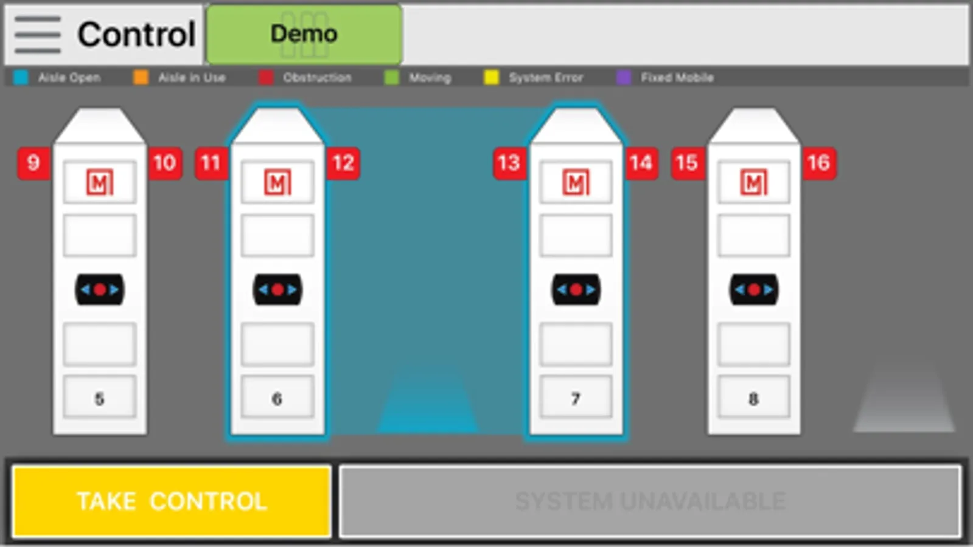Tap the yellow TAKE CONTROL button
tap(172, 501)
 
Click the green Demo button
tap(304, 34)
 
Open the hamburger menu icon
tap(37, 35)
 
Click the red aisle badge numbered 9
tap(33, 163)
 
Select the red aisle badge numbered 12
tap(343, 163)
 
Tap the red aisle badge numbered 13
tap(509, 163)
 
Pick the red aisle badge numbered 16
tap(820, 163)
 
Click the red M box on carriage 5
tap(100, 182)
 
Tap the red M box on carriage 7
tap(576, 182)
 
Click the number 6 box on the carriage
tap(277, 397)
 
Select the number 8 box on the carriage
tap(754, 397)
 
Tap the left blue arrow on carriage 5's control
tap(86, 289)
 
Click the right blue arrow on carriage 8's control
tap(769, 289)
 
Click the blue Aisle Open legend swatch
tap(21, 78)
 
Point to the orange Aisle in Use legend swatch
tap(141, 78)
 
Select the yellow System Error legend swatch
tap(491, 78)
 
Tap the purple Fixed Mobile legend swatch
tap(624, 78)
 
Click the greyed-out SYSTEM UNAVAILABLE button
tap(650, 501)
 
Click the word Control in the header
tap(136, 34)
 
